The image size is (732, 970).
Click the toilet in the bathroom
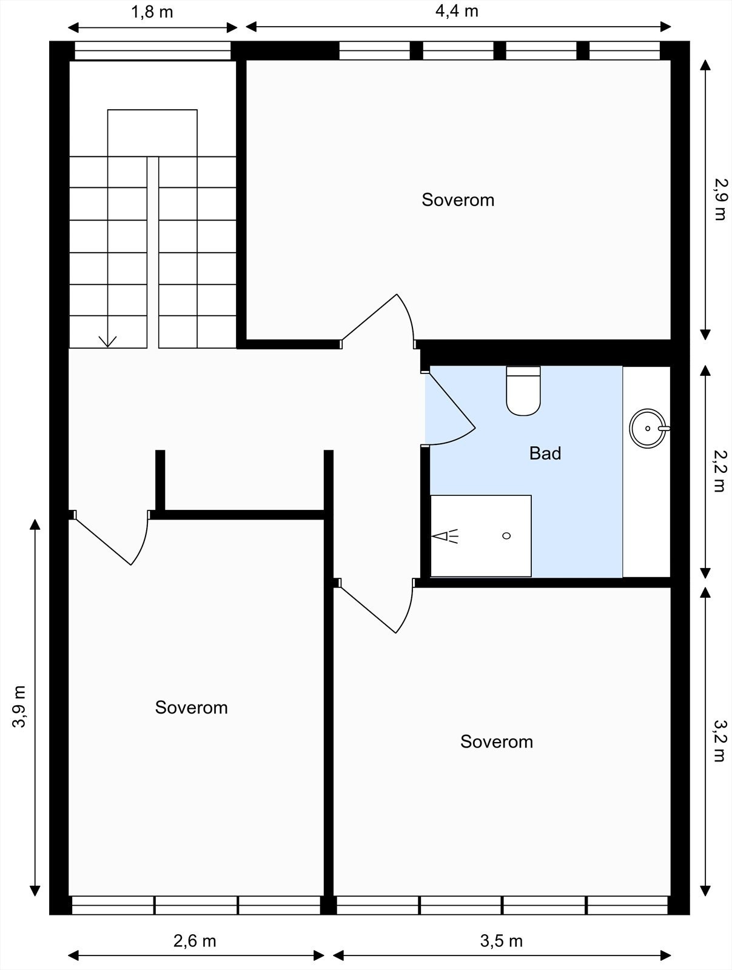(x=523, y=390)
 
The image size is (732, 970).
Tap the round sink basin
(x=648, y=428)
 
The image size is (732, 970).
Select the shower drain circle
(x=506, y=535)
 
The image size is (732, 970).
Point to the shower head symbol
(x=445, y=536)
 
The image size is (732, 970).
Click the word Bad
(x=545, y=453)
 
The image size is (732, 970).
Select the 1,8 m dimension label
(x=152, y=12)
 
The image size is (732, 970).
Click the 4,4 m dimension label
(x=457, y=11)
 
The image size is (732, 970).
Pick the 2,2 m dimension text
(x=720, y=470)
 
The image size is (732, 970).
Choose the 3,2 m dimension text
(x=720, y=741)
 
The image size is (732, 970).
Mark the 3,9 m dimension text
(x=19, y=707)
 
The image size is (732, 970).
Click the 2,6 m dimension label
(x=195, y=942)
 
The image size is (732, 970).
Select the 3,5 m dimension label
(x=502, y=942)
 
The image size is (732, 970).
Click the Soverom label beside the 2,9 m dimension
(x=458, y=199)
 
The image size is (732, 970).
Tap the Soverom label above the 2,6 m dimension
(x=192, y=707)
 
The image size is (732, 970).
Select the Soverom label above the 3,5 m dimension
(x=497, y=741)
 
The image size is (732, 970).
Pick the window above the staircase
(x=152, y=51)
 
